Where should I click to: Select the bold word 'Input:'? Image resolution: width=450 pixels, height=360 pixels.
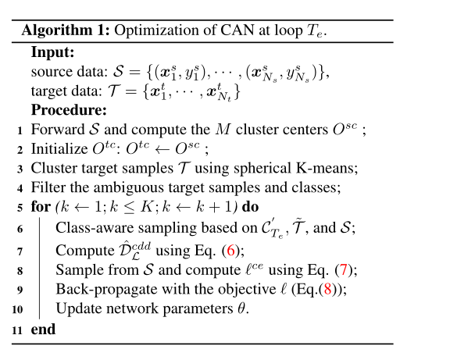52,53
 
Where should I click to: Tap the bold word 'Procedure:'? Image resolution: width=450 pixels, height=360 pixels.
69,109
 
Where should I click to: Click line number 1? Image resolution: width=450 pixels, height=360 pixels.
19,129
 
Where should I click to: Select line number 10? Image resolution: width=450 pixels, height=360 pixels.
16,309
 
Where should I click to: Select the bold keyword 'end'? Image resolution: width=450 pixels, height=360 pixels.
43,330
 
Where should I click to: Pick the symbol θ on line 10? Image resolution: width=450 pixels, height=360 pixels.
242,309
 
